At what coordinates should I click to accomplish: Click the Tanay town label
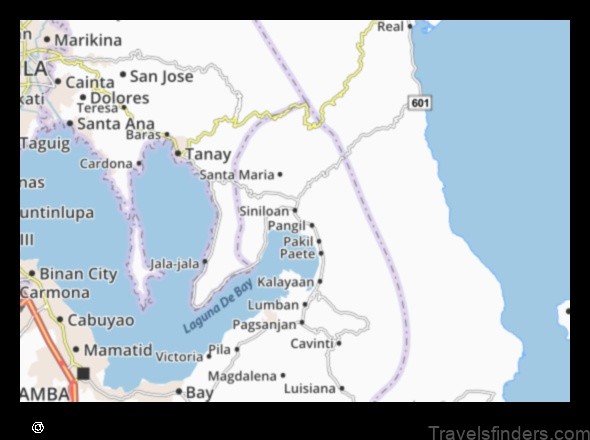(x=208, y=155)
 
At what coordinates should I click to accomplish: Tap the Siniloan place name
(x=264, y=211)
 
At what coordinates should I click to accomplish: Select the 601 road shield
(x=419, y=103)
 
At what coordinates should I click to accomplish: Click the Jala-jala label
(x=174, y=263)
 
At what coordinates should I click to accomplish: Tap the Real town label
(x=390, y=26)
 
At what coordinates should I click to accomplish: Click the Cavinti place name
(x=311, y=343)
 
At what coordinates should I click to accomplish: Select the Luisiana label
(x=310, y=387)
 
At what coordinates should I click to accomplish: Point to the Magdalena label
(x=241, y=376)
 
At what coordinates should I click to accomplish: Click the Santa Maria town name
(x=237, y=174)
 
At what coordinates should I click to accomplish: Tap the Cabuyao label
(x=101, y=321)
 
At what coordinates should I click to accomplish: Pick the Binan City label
(x=79, y=273)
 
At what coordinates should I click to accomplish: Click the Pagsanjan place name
(x=264, y=324)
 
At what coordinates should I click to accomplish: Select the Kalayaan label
(x=285, y=282)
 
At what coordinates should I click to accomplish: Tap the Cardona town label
(x=106, y=163)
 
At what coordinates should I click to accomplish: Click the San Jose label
(x=162, y=75)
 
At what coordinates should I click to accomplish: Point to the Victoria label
(x=179, y=356)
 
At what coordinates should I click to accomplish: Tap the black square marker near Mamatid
(x=84, y=374)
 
